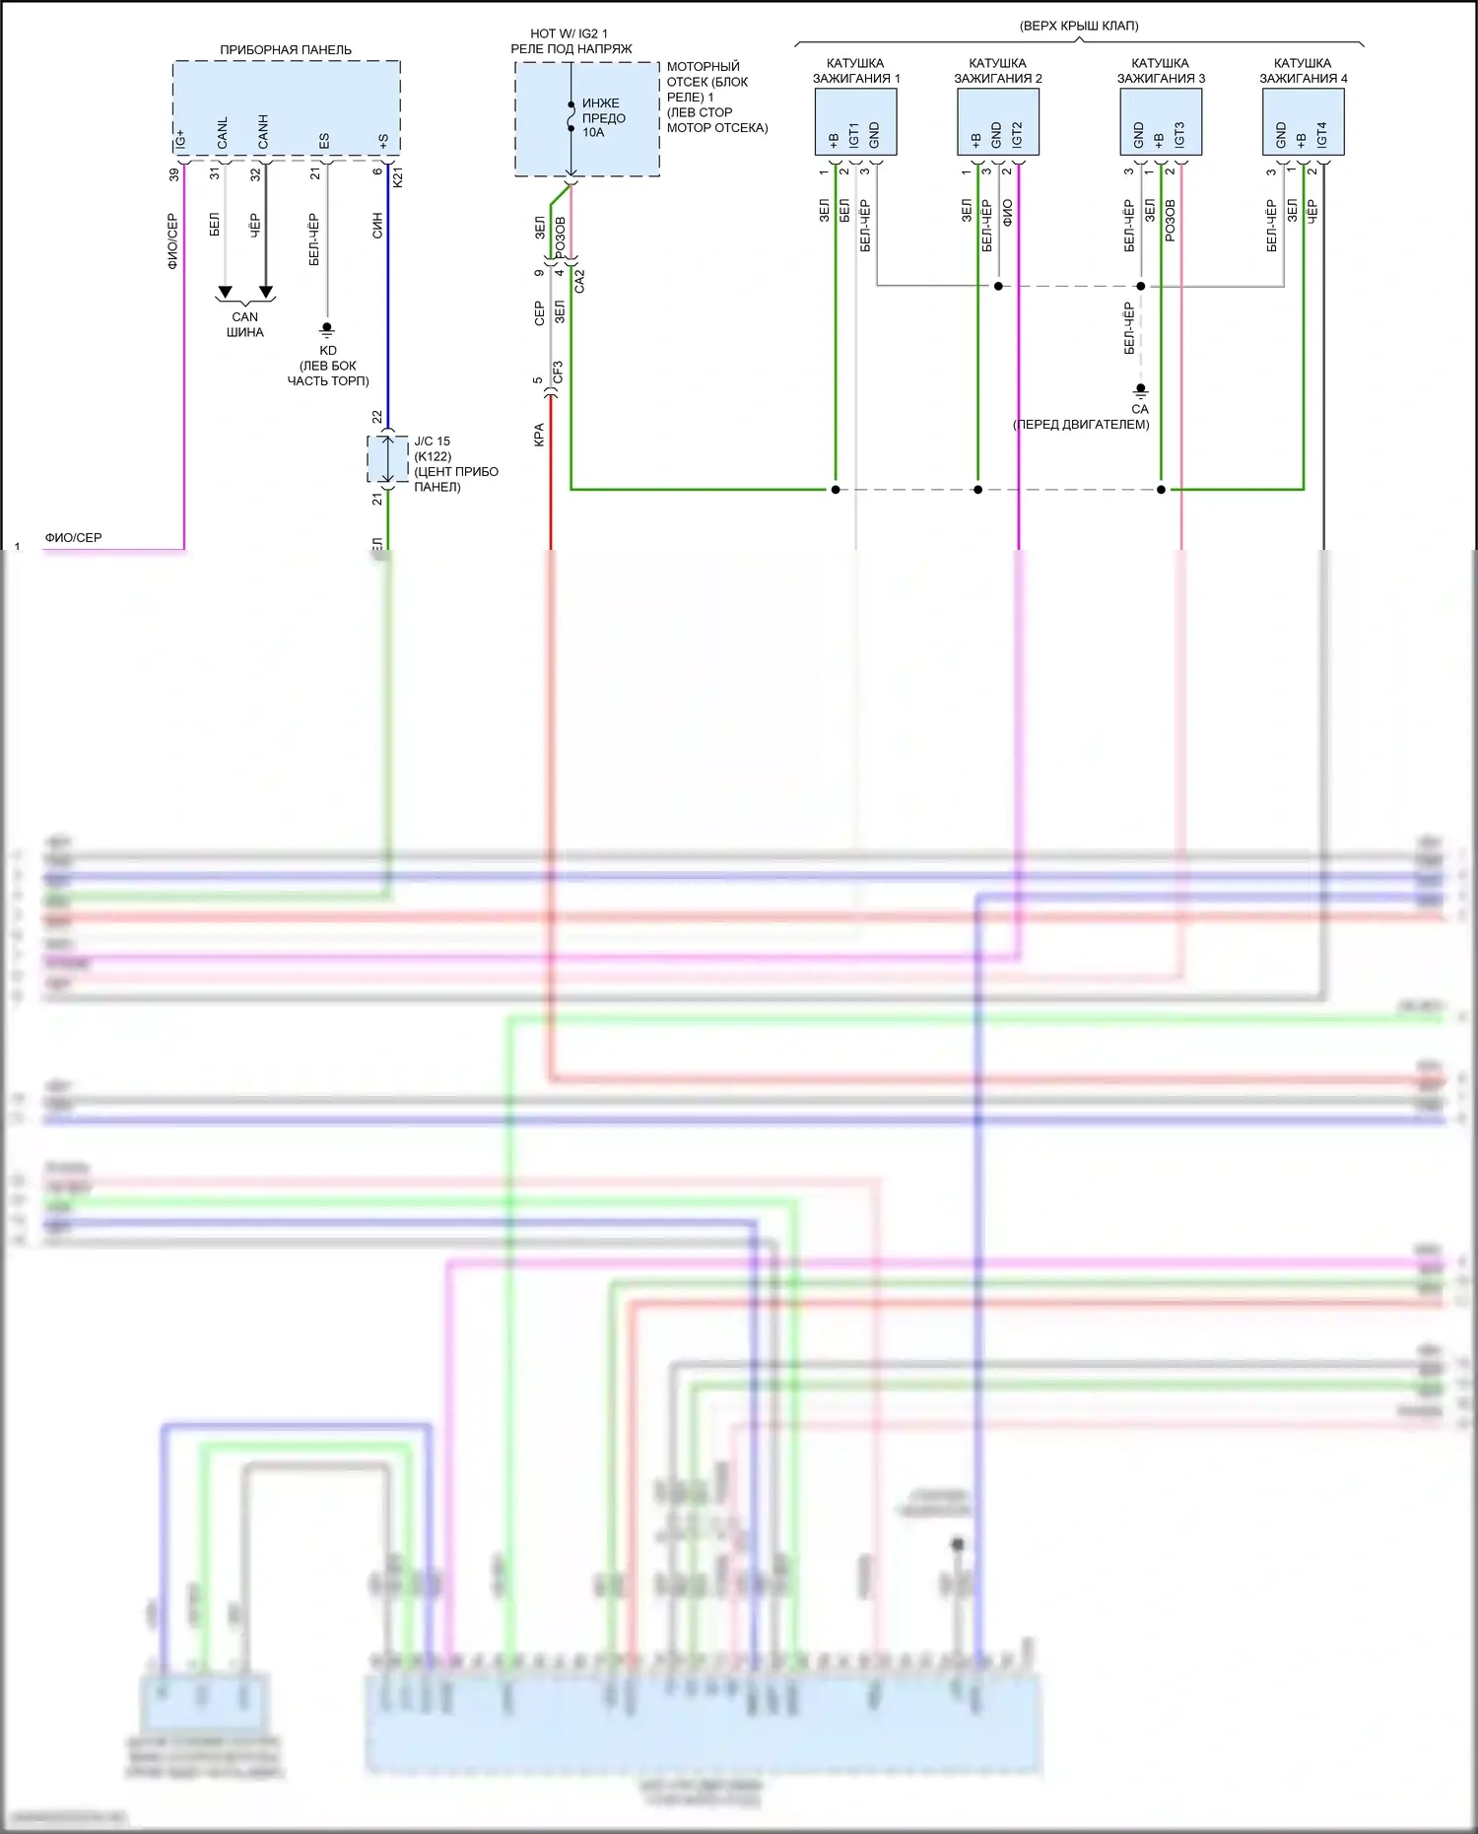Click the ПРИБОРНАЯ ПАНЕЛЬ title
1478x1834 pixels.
(285, 49)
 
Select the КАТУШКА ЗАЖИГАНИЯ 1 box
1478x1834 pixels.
(855, 122)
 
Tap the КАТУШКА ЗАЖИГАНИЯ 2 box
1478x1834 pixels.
(997, 122)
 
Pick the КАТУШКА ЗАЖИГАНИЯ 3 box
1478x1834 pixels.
(1160, 122)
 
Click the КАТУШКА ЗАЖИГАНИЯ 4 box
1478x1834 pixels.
(1303, 122)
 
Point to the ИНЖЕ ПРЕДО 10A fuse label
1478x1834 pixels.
(603, 117)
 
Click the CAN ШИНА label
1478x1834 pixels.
(244, 324)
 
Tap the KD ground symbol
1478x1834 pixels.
(327, 329)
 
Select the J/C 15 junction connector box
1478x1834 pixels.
(387, 459)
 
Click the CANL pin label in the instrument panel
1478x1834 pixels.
(223, 133)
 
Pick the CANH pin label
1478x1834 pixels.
(263, 132)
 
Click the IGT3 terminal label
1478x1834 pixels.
(1179, 135)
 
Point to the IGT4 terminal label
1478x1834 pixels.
(1321, 135)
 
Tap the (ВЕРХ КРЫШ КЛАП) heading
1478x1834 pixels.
(1079, 26)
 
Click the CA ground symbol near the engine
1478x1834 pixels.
(1140, 391)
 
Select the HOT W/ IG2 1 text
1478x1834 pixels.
(569, 34)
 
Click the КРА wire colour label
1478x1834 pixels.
(539, 435)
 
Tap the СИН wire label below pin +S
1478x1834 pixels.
(377, 226)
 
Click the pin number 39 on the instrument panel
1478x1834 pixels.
(174, 174)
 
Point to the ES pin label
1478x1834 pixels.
(324, 141)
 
